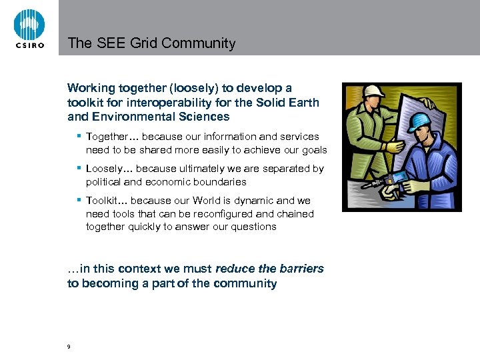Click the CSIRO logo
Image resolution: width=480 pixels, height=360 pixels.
(29, 28)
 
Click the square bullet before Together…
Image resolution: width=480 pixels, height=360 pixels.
(79, 136)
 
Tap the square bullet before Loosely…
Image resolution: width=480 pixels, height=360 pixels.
(79, 168)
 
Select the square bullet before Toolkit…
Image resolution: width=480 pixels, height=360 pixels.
(79, 200)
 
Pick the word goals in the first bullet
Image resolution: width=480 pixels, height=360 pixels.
(313, 149)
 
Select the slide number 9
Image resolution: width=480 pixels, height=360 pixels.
(69, 347)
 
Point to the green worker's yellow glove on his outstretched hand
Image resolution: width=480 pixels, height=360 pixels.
(395, 146)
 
